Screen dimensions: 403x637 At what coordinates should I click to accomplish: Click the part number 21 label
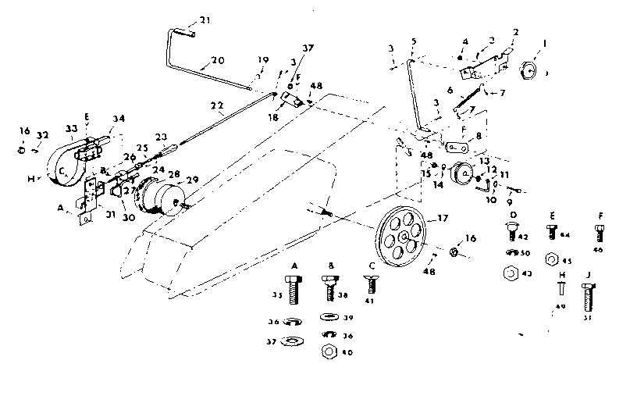pos(205,20)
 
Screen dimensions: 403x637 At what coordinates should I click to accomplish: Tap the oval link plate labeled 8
pos(455,146)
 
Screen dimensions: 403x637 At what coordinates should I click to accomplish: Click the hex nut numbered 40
pos(327,352)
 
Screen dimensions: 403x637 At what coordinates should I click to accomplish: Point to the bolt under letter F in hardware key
pos(599,233)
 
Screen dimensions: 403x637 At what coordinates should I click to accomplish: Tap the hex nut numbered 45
pos(551,259)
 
